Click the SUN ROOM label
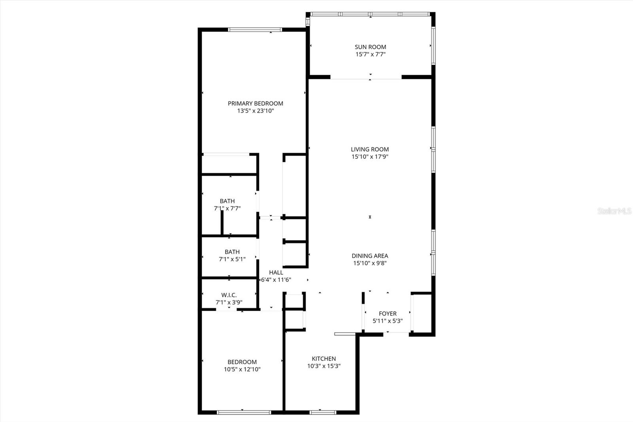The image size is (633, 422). click(x=370, y=47)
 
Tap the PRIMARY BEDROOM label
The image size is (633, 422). click(x=255, y=103)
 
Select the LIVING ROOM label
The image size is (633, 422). click(x=370, y=149)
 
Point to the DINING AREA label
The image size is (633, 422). click(x=370, y=256)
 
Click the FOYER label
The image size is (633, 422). click(x=388, y=314)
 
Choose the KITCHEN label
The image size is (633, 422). click(x=324, y=359)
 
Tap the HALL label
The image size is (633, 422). click(x=276, y=272)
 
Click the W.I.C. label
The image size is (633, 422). click(x=229, y=295)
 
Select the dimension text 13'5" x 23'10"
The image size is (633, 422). click(x=255, y=111)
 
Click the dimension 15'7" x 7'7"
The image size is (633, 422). click(x=370, y=54)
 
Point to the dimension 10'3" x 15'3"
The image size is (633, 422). click(x=324, y=366)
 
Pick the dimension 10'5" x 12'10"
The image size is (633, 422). click(x=242, y=369)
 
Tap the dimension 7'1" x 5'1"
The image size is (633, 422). click(x=232, y=259)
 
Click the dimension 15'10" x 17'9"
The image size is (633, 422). click(x=370, y=157)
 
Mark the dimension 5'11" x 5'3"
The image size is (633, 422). click(x=388, y=321)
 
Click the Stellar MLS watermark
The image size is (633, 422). click(x=614, y=211)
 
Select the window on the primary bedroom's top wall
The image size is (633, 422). click(x=255, y=29)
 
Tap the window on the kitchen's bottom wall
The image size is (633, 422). click(x=322, y=412)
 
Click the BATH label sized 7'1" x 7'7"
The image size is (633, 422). click(x=227, y=201)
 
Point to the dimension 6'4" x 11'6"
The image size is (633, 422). click(x=276, y=280)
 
